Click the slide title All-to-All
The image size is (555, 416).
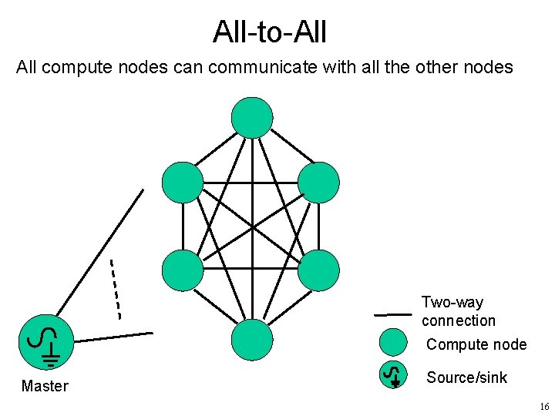(x=270, y=32)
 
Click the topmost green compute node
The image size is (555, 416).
(x=252, y=117)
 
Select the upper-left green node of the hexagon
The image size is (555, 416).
(x=183, y=183)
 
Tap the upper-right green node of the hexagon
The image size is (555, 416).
(x=318, y=183)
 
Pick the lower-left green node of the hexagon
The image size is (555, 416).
(x=183, y=270)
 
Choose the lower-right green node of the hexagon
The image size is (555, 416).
(x=318, y=270)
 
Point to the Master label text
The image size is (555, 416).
(x=45, y=386)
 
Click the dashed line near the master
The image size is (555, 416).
(x=116, y=289)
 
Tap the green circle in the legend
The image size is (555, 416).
(x=394, y=343)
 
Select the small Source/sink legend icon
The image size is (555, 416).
(x=394, y=375)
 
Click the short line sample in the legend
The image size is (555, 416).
(x=392, y=314)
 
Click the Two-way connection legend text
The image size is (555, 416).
(x=458, y=311)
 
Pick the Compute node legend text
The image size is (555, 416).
(x=476, y=344)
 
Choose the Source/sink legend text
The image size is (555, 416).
(x=467, y=377)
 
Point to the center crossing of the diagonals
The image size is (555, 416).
(x=252, y=227)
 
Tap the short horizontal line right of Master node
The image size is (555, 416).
(x=114, y=337)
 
